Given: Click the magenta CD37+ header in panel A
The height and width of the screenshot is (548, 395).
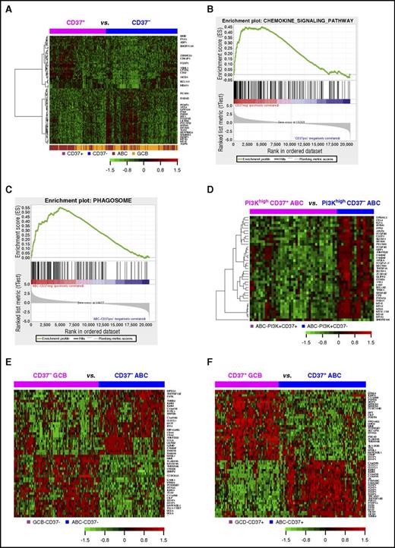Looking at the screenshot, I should tap(75, 23).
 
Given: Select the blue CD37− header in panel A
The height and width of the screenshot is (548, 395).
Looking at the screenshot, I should tap(141, 23).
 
